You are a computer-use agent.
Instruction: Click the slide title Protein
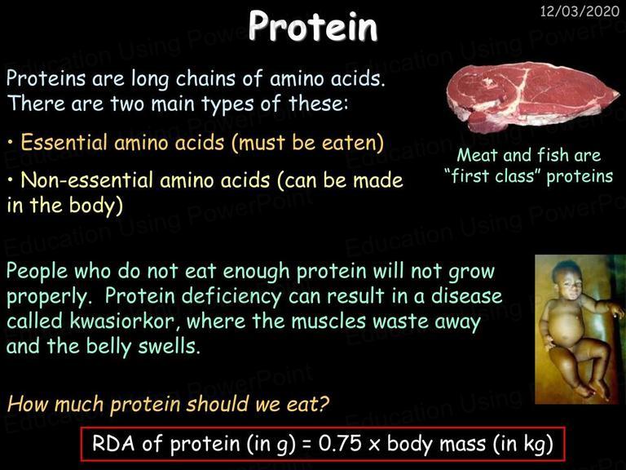tap(313, 26)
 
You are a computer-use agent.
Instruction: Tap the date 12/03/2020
tap(580, 11)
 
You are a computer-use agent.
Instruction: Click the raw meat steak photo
tap(532, 97)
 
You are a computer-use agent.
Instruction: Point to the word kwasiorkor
tap(121, 321)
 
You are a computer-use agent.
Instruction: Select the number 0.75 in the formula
tap(340, 443)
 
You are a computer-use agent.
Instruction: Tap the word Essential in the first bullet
tap(64, 142)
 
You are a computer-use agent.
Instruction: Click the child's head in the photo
tap(568, 277)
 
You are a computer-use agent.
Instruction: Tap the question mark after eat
tap(324, 404)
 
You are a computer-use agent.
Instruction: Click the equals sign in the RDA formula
tap(306, 445)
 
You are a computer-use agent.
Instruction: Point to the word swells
tap(169, 346)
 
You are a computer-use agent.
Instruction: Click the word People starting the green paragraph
tap(37, 272)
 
